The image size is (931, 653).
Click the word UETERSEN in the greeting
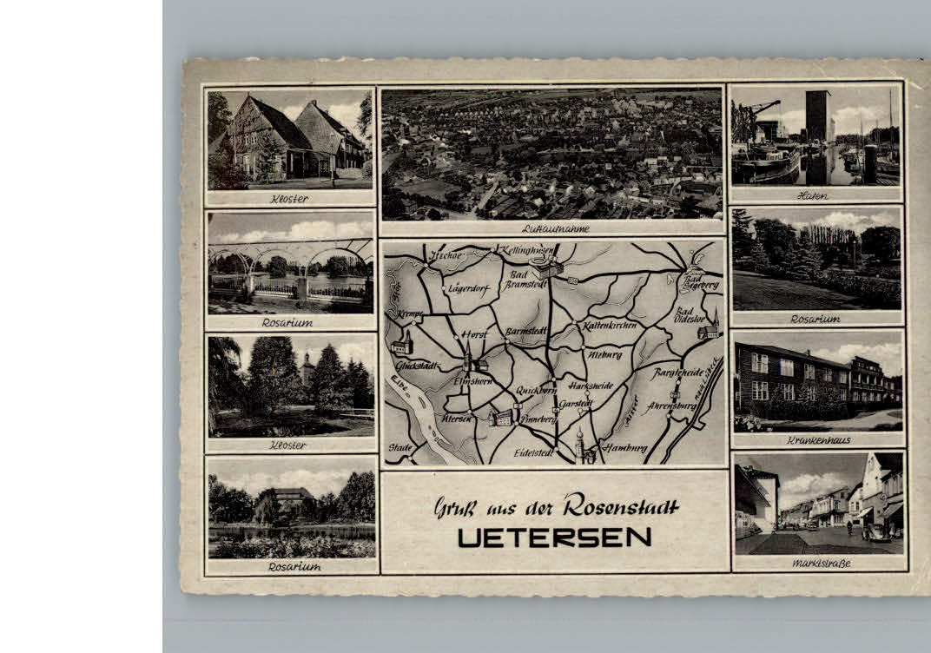[554, 538]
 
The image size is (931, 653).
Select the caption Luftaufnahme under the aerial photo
[556, 229]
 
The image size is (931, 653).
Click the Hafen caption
[812, 195]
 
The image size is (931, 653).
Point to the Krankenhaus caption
[817, 440]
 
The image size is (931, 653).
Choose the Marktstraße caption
[821, 564]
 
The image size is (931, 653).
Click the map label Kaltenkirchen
[610, 325]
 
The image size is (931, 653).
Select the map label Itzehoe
[446, 255]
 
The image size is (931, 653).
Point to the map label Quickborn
[536, 390]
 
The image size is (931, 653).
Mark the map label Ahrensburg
[672, 406]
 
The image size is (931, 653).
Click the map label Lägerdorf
[469, 288]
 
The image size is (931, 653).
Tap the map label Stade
[399, 447]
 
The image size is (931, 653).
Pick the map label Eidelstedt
[534, 452]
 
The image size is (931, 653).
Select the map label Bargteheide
[677, 373]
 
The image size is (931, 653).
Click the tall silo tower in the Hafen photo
[817, 116]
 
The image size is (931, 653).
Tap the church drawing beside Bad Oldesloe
[710, 328]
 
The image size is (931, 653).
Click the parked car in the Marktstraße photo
[877, 532]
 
